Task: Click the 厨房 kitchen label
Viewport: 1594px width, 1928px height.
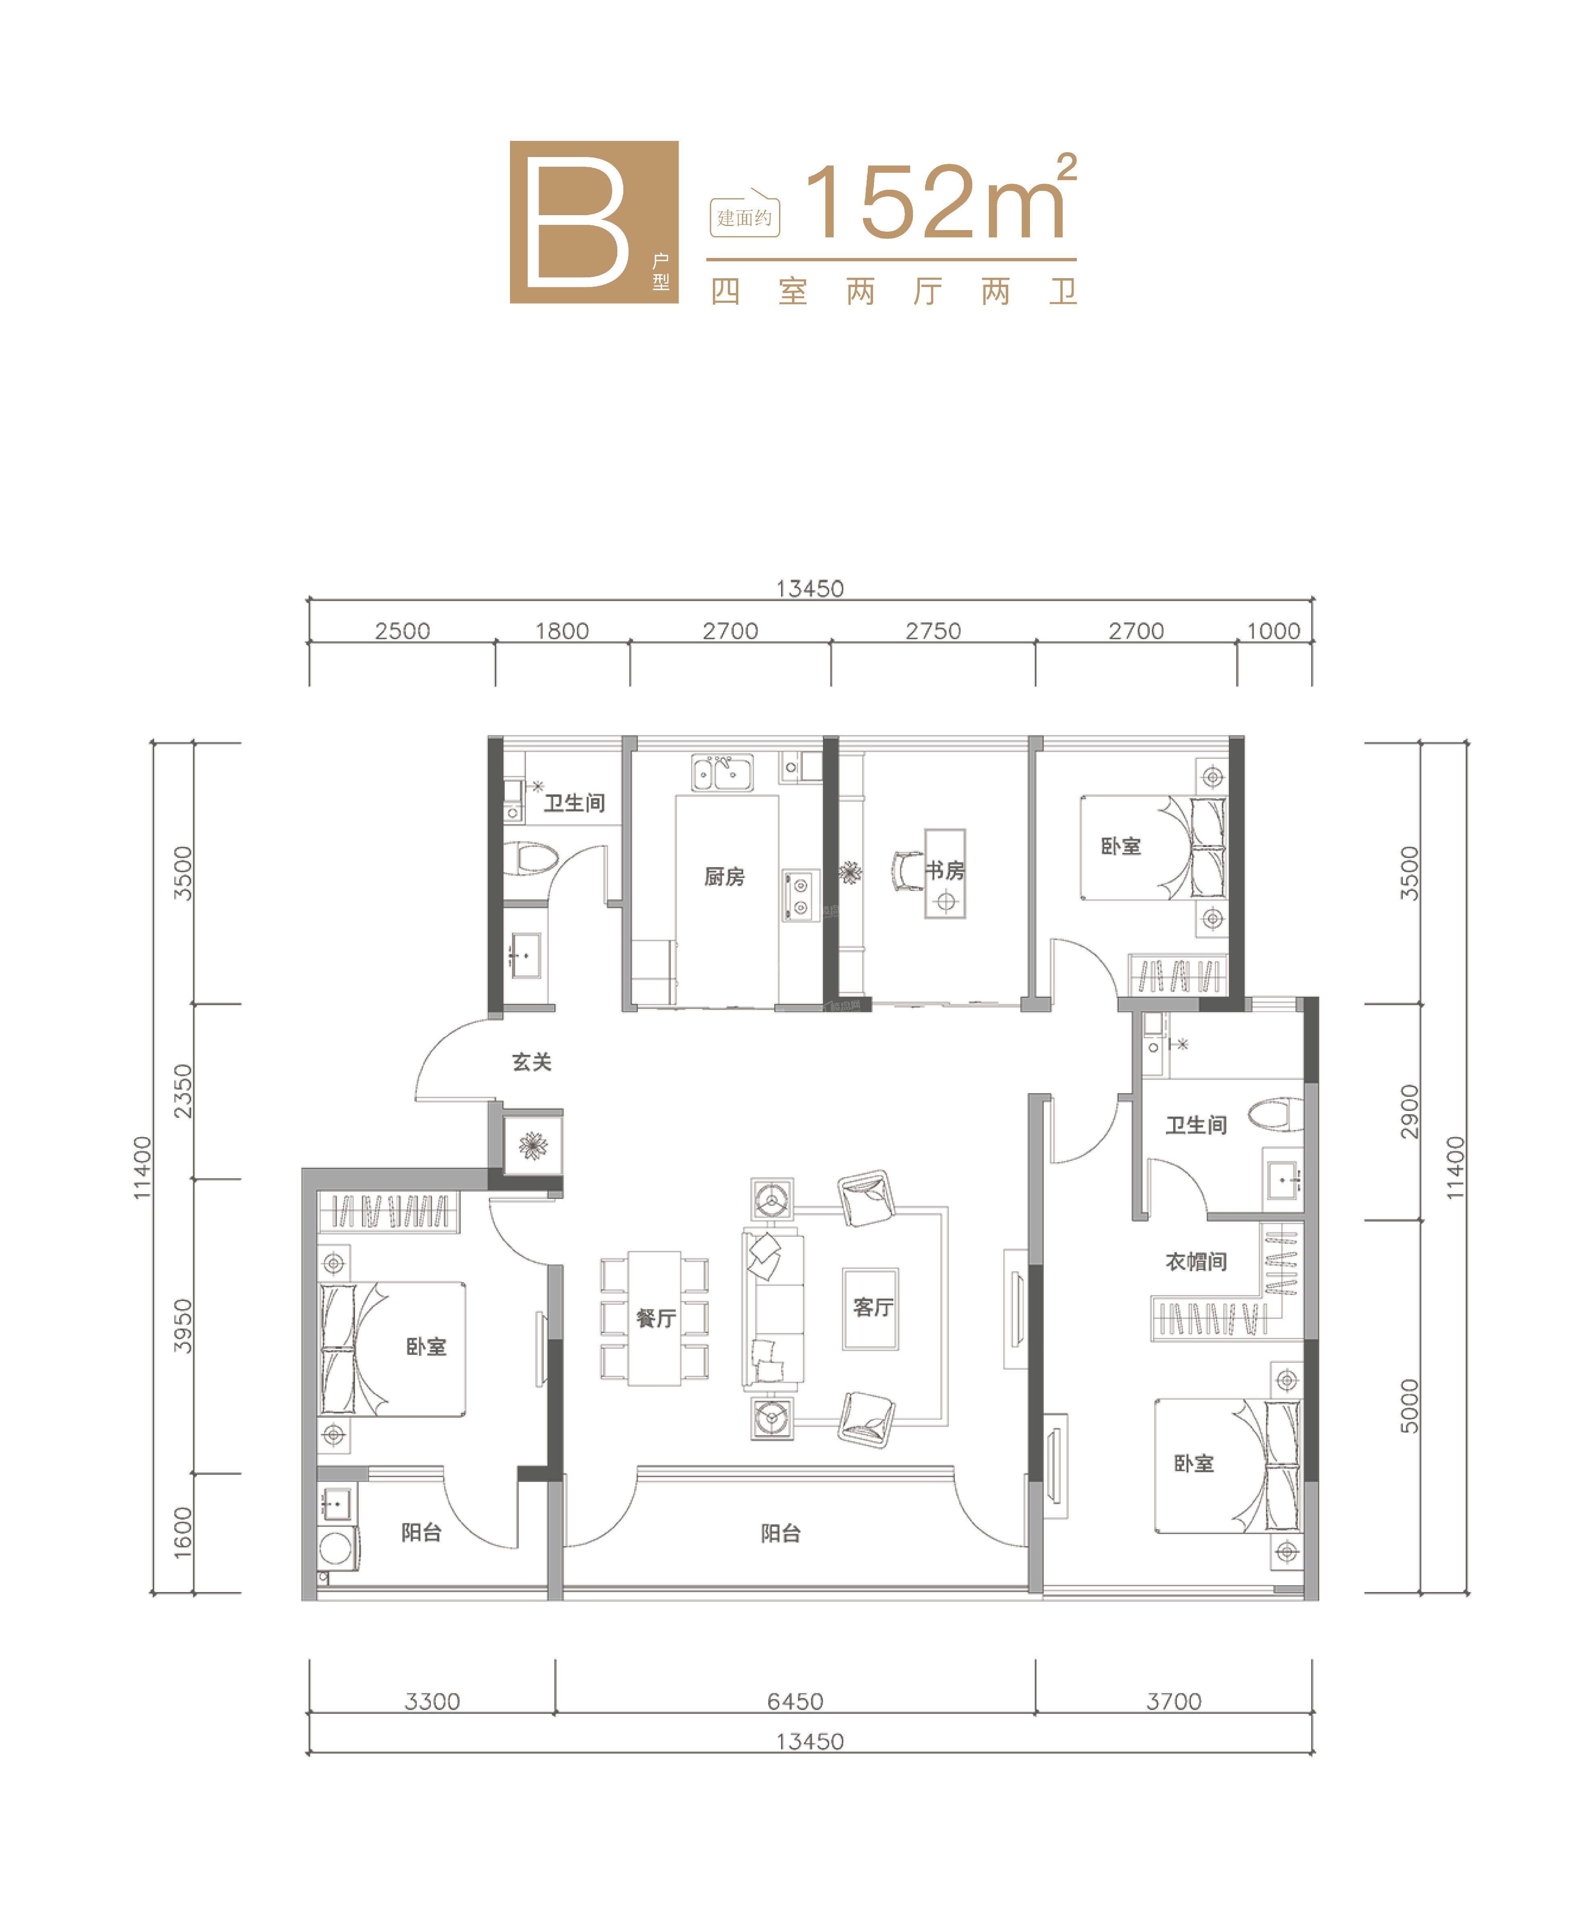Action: pos(724,877)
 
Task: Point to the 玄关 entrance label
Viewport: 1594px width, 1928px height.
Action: pos(531,1062)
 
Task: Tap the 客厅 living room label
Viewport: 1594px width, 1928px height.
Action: pos(873,1306)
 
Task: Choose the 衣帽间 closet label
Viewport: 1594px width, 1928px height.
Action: pos(1196,1262)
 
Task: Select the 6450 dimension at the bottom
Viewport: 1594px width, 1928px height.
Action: pos(795,1701)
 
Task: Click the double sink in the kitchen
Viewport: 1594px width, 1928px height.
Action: pos(722,773)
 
